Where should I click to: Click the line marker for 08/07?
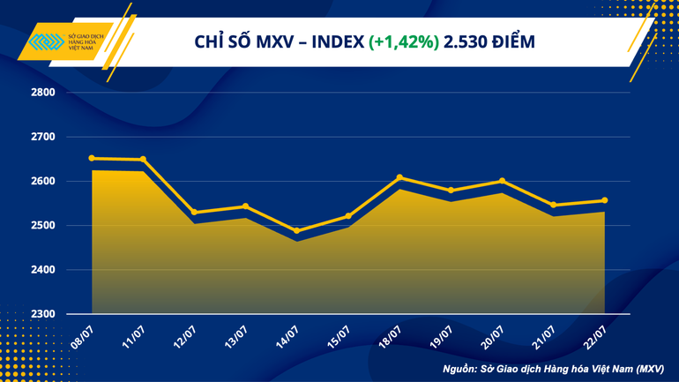pos(92,159)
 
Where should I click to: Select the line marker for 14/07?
pos(296,231)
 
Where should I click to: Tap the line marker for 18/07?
pos(399,178)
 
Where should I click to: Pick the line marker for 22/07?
pos(604,200)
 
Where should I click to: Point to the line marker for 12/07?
pos(194,213)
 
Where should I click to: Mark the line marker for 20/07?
pos(502,181)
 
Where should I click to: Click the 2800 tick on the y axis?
pos(42,93)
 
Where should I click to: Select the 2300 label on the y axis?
pos(42,314)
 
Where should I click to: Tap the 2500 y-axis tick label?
pos(42,226)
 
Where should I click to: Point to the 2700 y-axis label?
pos(42,137)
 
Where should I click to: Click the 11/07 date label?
pos(132,336)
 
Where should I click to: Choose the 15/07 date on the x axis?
pos(337,336)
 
